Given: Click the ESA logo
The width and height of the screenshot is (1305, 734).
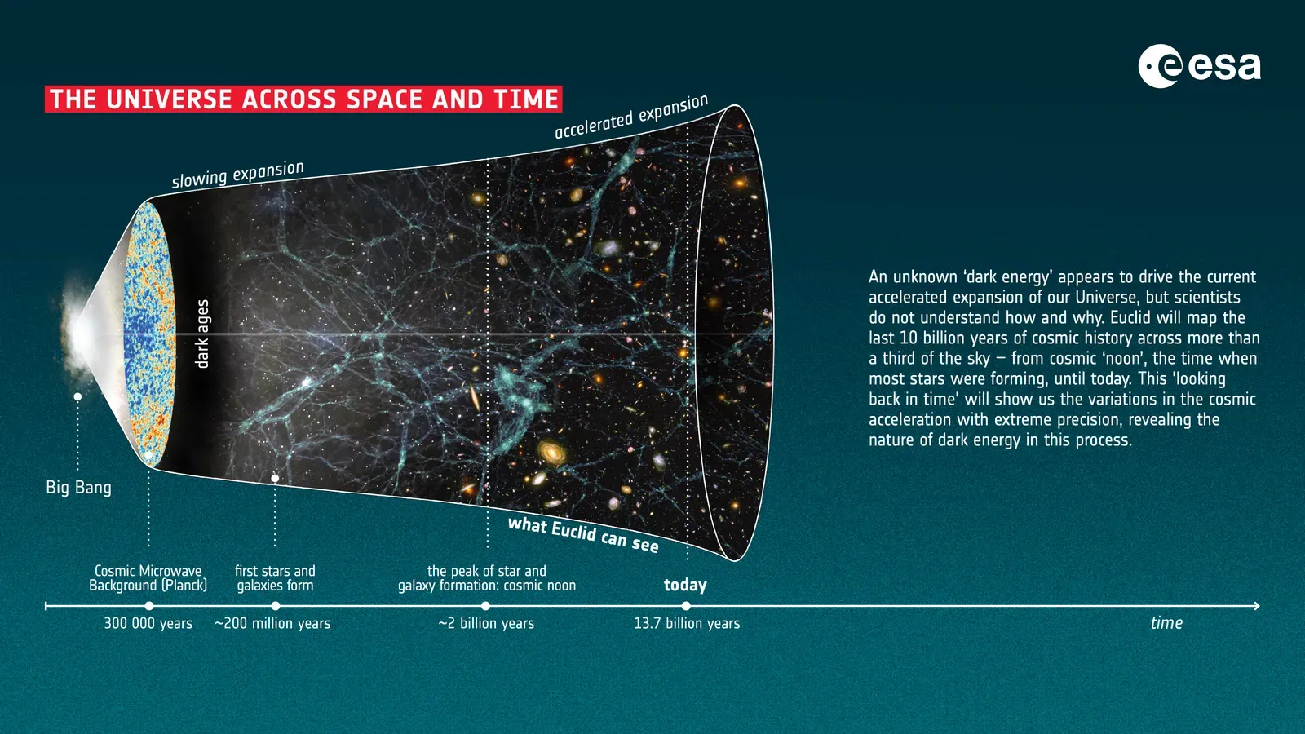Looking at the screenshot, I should point(1199,66).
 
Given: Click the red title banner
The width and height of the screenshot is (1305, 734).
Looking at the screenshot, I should point(303,99).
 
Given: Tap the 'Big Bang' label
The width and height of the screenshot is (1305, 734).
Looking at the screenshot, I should point(78,488).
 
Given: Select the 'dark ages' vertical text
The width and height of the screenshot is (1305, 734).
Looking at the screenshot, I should point(203,334).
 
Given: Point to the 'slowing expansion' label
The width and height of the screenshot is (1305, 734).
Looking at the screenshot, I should point(237,175).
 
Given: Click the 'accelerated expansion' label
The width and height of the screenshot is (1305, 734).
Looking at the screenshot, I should point(630,117).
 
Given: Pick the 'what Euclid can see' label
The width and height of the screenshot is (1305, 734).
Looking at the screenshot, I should point(583,534).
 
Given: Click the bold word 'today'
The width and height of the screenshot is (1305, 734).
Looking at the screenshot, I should point(685,585).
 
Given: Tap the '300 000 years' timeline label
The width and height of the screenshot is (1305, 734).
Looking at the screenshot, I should point(148,623).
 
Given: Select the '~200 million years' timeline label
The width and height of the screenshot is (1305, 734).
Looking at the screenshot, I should point(272,623).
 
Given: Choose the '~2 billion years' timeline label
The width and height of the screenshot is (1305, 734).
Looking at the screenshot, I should point(486,623).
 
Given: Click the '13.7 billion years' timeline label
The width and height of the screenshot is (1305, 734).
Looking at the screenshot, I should point(687,623).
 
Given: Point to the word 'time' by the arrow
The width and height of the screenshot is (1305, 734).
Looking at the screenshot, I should point(1166,623).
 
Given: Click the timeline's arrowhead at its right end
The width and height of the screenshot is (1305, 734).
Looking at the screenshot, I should point(1257,606).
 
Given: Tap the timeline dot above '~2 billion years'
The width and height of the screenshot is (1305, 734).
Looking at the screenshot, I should point(485,606).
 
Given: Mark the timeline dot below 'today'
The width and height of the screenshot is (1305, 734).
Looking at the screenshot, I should point(686,606).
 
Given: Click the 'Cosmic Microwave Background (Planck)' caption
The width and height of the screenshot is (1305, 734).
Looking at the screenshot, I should point(148,578).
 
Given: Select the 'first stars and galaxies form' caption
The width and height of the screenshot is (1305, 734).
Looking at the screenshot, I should point(275,578).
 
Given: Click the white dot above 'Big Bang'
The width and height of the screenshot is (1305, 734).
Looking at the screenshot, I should point(77,397).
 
